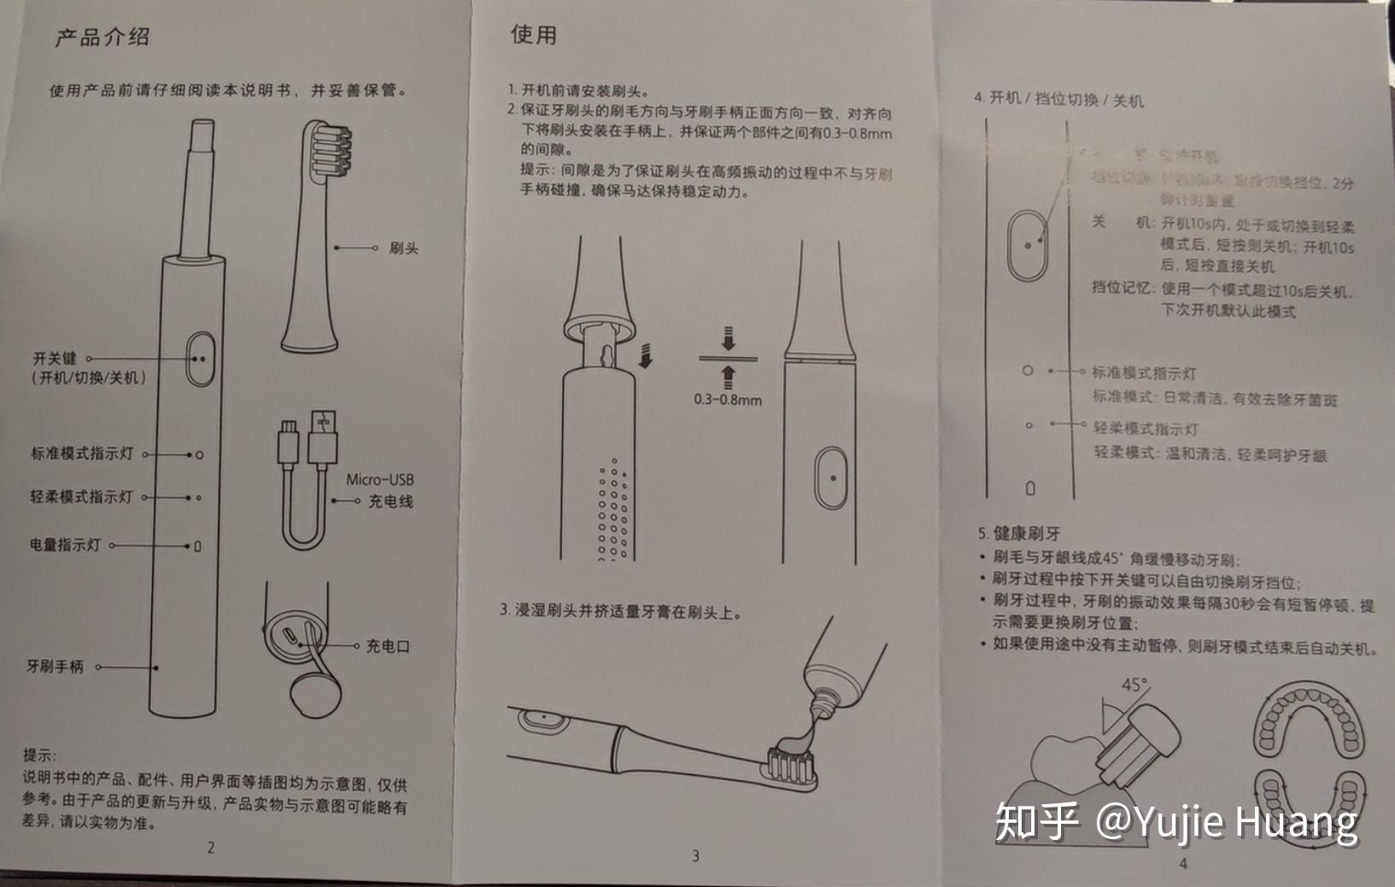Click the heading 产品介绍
pos(102,38)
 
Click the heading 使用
pos(533,34)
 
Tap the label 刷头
pos(403,248)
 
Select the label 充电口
pos(388,646)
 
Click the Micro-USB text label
pos(379,479)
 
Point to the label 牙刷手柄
pos(55,667)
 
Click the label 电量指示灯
pos(65,544)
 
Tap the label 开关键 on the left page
pos(55,359)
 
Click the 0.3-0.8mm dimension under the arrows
pos(727,399)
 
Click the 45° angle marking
pos(1134,684)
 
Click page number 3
pos(695,855)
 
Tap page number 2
pos(210,848)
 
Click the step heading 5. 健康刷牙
pos(1018,533)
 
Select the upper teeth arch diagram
pos(1308,721)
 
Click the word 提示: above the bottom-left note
pos(39,755)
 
